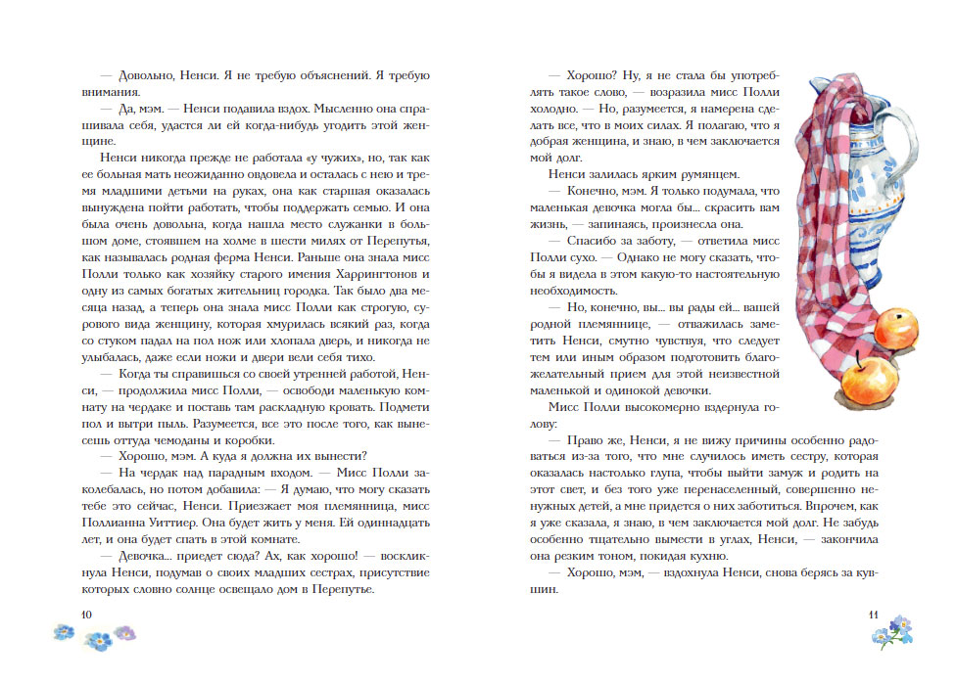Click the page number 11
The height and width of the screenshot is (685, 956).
(876, 614)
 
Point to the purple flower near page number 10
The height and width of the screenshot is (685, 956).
(124, 632)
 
